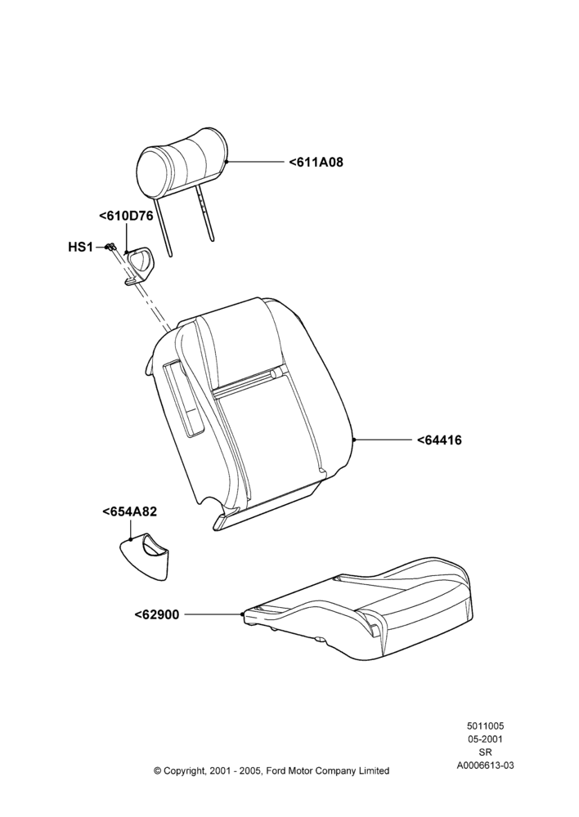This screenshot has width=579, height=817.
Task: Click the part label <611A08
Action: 316,162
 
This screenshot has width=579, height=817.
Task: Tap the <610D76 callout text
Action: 126,216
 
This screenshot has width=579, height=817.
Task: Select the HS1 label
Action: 80,247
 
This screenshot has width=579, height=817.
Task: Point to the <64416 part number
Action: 439,440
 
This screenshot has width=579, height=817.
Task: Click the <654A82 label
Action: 130,511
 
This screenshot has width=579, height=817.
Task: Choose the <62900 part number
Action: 156,615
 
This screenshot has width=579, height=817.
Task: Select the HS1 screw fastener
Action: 110,247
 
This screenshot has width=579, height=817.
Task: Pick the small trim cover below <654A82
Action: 145,556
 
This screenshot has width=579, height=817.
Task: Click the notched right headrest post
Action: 205,212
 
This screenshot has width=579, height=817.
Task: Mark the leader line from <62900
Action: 213,615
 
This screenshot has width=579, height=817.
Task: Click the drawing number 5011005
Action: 485,725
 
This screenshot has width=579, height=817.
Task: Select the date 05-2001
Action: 485,739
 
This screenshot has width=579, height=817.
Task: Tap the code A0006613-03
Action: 485,765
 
